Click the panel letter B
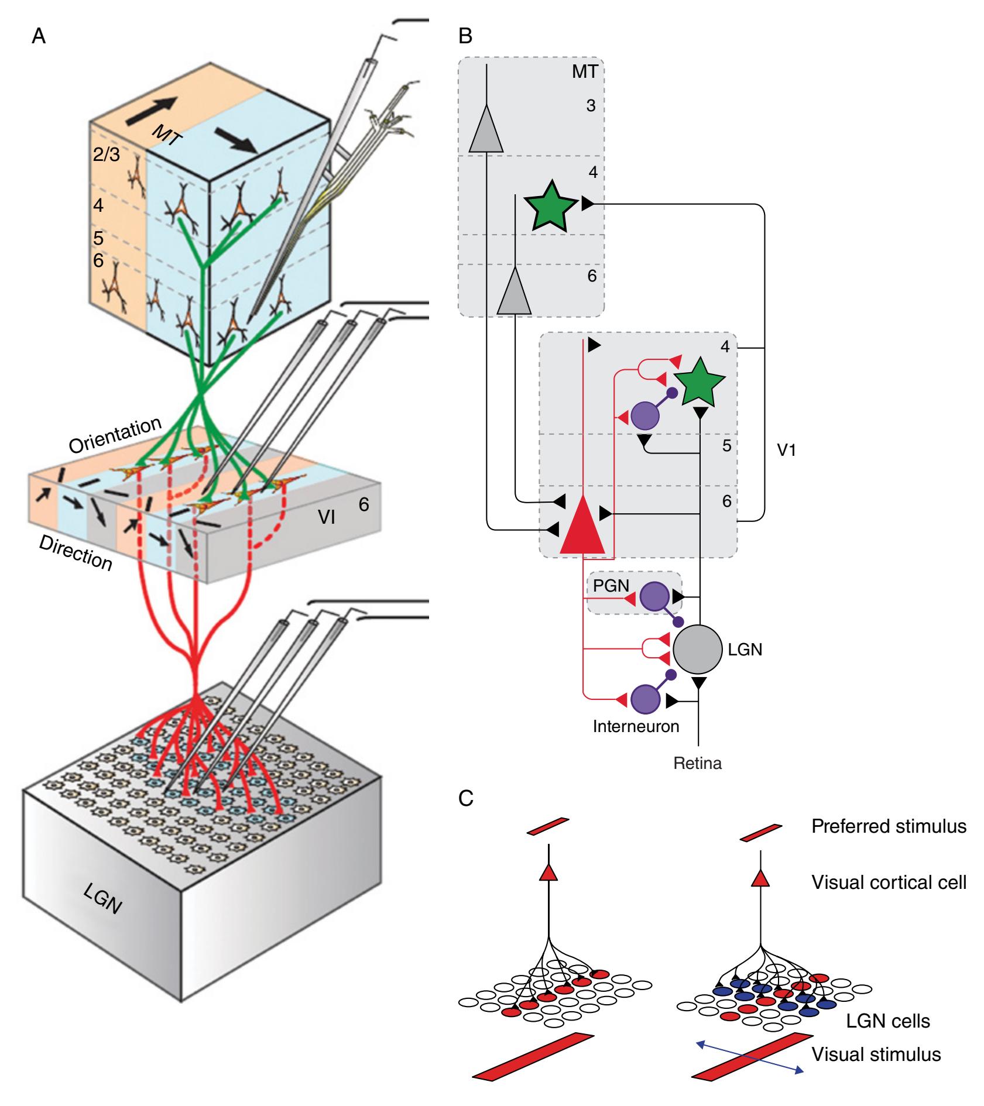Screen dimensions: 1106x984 465,37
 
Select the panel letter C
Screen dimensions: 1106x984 466,798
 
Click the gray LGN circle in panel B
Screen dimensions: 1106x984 698,650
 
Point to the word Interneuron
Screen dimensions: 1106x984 636,726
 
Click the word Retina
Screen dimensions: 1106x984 698,763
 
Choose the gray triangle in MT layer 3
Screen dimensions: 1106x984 486,129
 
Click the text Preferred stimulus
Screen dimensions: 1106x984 889,826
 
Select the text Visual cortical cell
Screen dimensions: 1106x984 889,882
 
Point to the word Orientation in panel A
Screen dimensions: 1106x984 114,436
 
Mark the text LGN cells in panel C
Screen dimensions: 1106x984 888,1021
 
